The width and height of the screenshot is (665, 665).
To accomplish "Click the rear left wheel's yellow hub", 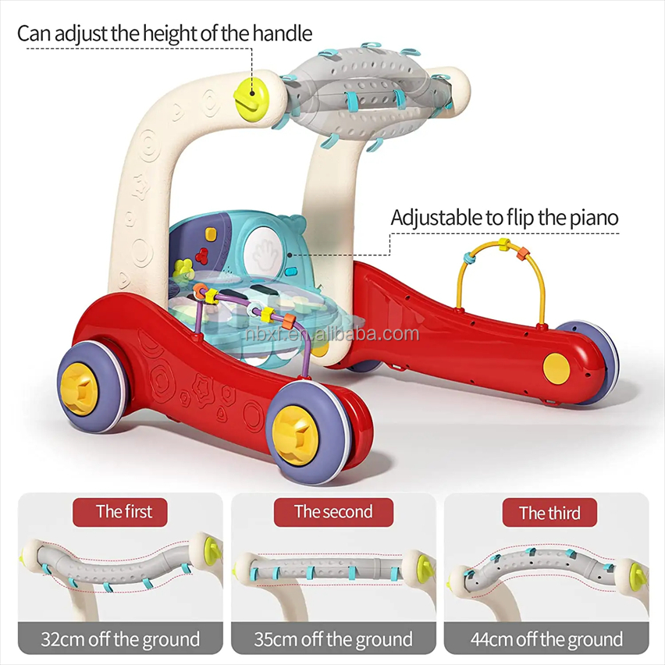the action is (x=79, y=389).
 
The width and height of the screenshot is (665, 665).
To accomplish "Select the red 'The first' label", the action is (x=120, y=512).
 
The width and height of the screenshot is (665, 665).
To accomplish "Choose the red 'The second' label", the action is (x=333, y=512).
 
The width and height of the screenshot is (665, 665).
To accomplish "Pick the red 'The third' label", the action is (x=549, y=513).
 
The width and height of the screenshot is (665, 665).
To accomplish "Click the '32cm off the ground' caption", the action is (x=120, y=639).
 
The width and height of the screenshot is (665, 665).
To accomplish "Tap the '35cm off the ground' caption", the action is (x=333, y=639).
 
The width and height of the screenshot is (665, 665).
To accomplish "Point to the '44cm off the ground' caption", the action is (x=546, y=639).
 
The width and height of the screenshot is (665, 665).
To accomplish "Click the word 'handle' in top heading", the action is (x=283, y=34).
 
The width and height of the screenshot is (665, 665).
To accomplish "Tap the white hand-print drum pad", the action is (x=264, y=253).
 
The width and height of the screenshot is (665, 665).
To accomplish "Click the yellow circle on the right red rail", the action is (x=557, y=369).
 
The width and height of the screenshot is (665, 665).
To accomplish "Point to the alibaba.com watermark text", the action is (x=332, y=334).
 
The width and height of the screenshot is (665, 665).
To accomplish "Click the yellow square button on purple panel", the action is (x=211, y=233).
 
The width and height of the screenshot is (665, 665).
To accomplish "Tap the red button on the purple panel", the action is (x=202, y=255).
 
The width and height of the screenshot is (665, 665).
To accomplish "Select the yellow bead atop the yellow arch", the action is (x=504, y=244).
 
